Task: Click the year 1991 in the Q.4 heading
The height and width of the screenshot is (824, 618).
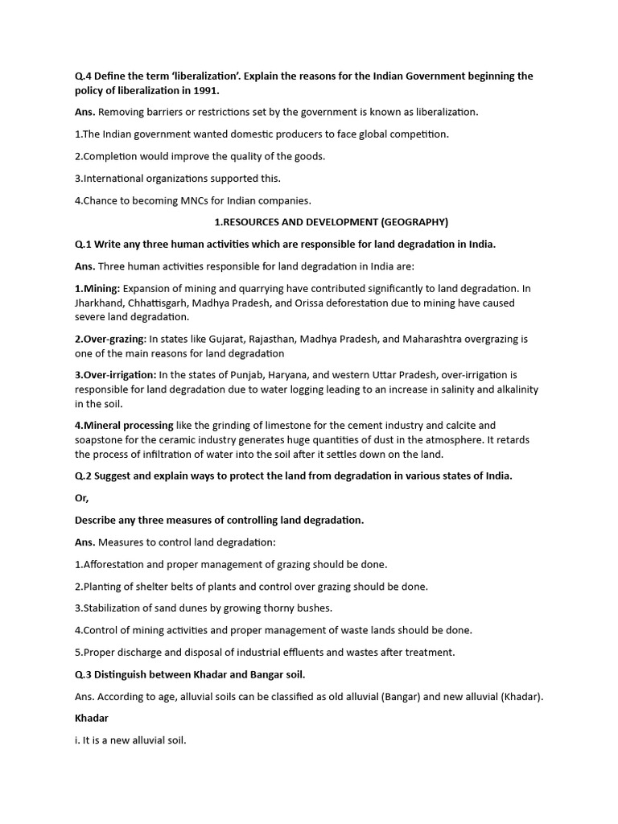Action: [x=207, y=91]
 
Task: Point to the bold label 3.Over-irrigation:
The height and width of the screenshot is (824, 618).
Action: [x=116, y=376]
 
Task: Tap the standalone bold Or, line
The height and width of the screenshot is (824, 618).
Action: [x=82, y=498]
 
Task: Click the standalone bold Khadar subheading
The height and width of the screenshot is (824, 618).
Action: [x=91, y=718]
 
